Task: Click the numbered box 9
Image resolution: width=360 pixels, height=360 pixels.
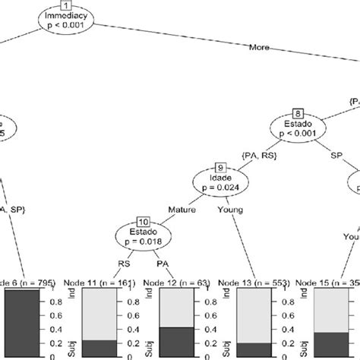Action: tap(219, 168)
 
